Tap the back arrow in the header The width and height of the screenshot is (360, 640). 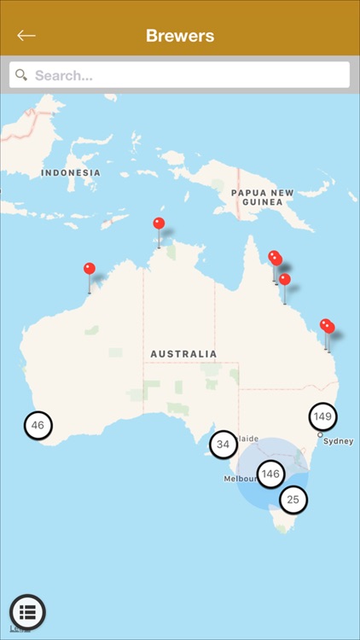click(x=26, y=36)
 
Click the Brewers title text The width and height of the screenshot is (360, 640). click(x=180, y=36)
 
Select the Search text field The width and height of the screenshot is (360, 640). click(x=188, y=75)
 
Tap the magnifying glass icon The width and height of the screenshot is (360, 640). click(x=21, y=75)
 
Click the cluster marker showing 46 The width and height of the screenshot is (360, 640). click(x=38, y=425)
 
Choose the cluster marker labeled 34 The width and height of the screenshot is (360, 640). click(x=224, y=444)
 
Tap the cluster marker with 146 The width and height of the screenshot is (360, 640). click(x=270, y=474)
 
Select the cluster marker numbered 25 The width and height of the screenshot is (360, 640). click(x=293, y=499)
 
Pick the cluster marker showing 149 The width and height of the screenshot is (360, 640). click(x=322, y=417)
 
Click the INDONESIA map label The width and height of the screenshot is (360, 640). click(x=71, y=173)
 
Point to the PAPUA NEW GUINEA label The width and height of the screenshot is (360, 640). click(x=262, y=197)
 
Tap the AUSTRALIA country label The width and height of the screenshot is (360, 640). click(x=183, y=353)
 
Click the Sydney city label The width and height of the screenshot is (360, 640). click(x=338, y=441)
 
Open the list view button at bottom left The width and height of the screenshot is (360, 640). click(x=27, y=612)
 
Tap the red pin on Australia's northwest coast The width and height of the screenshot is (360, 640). click(x=90, y=270)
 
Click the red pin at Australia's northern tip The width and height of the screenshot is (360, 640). click(x=159, y=224)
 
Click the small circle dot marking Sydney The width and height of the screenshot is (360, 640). click(x=320, y=435)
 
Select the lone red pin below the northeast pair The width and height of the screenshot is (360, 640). click(x=285, y=280)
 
